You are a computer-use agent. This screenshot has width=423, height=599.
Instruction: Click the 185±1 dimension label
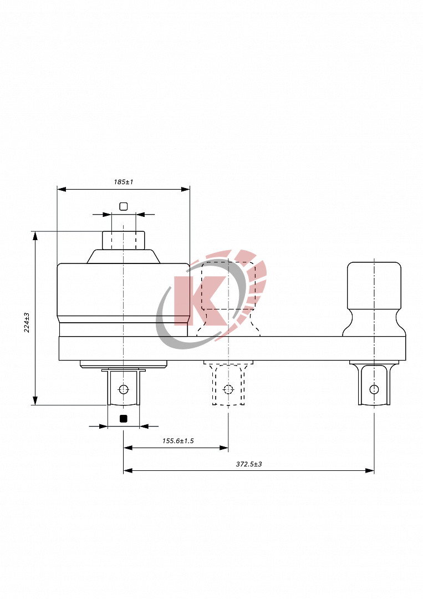124,182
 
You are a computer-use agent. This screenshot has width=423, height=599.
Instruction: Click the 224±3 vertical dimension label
27,322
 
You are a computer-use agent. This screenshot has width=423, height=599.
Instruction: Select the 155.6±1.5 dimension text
177,441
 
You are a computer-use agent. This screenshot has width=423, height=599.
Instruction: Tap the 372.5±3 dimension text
248,464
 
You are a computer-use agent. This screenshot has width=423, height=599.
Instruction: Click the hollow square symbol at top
124,206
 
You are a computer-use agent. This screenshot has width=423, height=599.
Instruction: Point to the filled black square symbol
124,419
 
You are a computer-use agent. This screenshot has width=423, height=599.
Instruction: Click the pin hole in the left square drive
124,389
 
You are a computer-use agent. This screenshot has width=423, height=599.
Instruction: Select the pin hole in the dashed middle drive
227,388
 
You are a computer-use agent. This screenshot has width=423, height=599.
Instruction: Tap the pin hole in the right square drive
374,389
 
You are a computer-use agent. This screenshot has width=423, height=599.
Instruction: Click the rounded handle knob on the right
374,286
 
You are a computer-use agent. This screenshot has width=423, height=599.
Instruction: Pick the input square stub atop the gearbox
124,240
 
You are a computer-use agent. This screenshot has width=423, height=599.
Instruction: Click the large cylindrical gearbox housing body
124,290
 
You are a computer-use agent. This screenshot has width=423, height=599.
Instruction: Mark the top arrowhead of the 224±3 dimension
35,235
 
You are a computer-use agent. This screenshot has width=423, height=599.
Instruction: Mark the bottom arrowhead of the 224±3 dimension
35,401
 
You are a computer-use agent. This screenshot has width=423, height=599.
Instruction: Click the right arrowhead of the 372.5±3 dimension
370,470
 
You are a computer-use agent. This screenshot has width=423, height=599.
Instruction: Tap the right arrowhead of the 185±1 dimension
186,189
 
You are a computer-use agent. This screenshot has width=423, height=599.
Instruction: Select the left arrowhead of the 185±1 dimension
62,189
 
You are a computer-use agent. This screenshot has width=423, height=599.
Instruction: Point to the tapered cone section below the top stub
124,256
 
